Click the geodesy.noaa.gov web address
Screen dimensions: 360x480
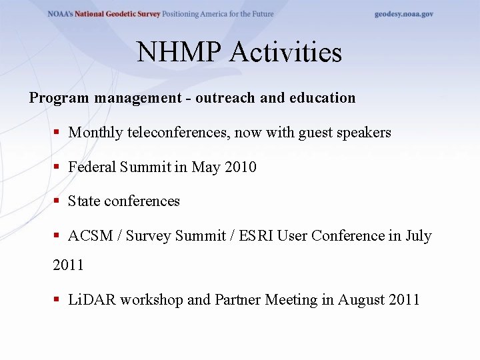pyautogui.click(x=403, y=14)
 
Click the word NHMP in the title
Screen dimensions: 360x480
pyautogui.click(x=179, y=53)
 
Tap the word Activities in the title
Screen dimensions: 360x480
pyautogui.click(x=286, y=53)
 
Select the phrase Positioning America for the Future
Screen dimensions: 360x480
pyautogui.click(x=217, y=14)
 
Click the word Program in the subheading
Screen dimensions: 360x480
pyautogui.click(x=59, y=98)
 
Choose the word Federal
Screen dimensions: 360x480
pyautogui.click(x=92, y=167)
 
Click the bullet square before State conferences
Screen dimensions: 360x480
pyautogui.click(x=57, y=201)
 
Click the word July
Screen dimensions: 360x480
pyautogui.click(x=418, y=236)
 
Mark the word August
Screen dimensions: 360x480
pyautogui.click(x=362, y=300)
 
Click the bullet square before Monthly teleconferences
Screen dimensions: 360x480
pyautogui.click(x=57, y=133)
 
